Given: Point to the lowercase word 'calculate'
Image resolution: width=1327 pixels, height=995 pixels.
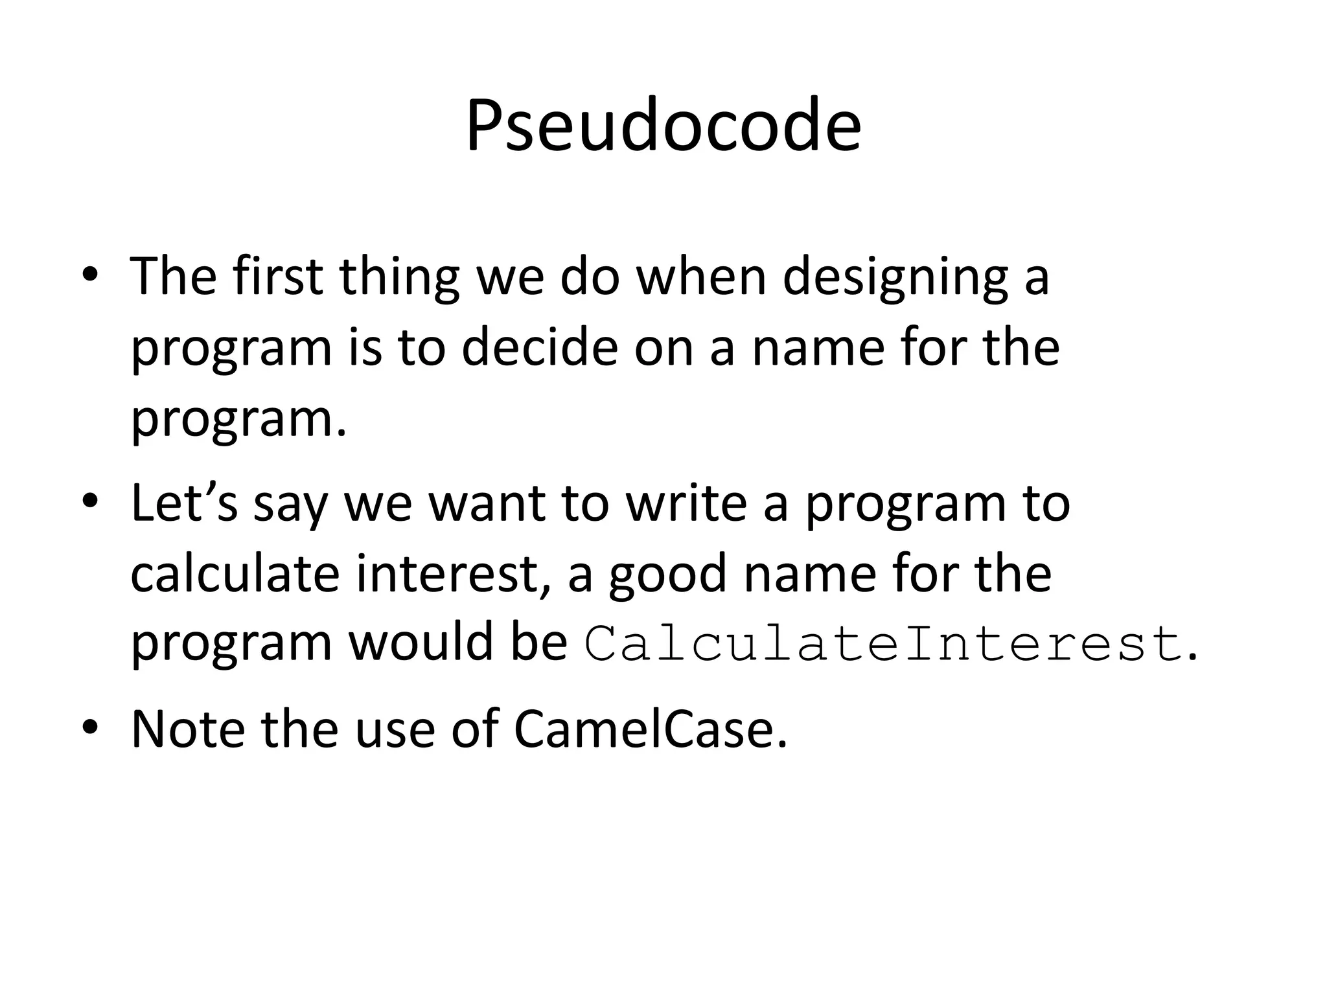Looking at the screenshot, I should [x=235, y=573].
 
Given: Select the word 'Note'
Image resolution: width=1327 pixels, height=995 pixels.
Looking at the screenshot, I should [x=188, y=729].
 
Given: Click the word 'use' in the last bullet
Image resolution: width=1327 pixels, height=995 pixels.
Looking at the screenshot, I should [x=395, y=729].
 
